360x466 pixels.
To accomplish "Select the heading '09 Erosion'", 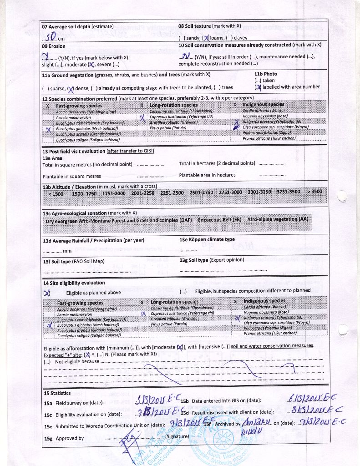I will tap(54, 46).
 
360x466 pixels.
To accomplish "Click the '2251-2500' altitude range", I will tap(172, 192).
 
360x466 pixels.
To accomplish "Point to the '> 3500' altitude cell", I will tap(314, 192).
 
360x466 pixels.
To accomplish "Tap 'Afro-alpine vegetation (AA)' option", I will tap(278, 219).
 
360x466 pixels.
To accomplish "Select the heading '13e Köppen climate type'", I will tap(207, 239).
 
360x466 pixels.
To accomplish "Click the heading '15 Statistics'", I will tap(57, 393).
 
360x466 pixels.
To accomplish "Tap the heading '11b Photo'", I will tap(265, 74).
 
